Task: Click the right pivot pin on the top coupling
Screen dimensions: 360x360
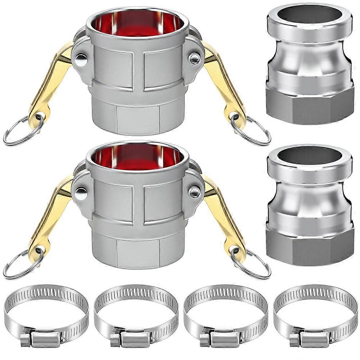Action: [x=195, y=59]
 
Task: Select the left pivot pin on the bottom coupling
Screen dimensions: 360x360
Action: [x=81, y=193]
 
